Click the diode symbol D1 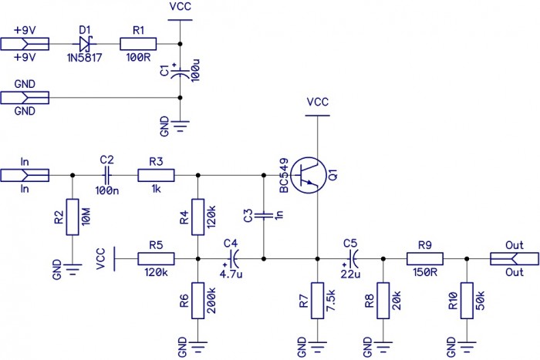(x=85, y=44)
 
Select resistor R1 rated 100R (x=138, y=44)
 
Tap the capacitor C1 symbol (x=179, y=75)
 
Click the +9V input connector (x=26, y=44)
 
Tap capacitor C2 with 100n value (x=107, y=175)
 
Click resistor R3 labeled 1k (x=156, y=175)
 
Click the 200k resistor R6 (x=198, y=300)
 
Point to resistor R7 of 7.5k (x=317, y=300)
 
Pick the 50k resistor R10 (x=466, y=300)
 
